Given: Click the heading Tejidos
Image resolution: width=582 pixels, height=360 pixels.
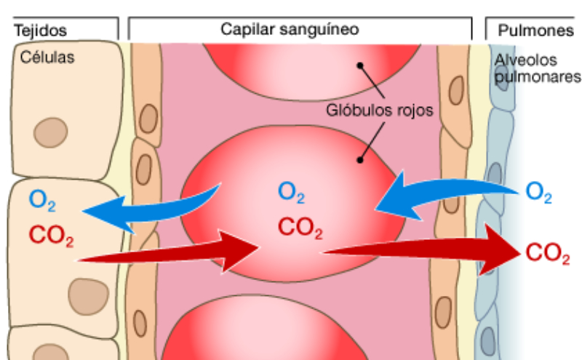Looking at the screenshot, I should point(41,30).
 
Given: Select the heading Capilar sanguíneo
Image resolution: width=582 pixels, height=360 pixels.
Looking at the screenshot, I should point(290,28).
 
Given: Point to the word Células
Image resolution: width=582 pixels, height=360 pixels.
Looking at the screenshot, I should point(47,57).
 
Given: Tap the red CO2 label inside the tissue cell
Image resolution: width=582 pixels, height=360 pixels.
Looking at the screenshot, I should point(52,236).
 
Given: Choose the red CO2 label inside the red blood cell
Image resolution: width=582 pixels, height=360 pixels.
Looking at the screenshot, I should point(300,228).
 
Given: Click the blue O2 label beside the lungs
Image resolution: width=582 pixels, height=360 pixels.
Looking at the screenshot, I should point(539,193).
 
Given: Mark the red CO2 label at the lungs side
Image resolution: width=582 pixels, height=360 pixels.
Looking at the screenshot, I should point(547,254).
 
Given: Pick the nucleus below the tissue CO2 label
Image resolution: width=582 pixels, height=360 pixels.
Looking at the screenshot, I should point(85,293).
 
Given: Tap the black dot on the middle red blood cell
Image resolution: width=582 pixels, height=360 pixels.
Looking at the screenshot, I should point(359,158).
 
